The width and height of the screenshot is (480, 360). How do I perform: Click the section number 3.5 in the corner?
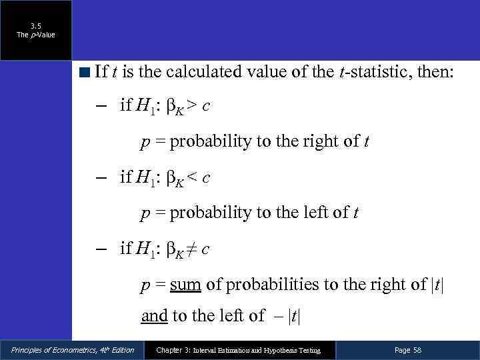tap(36, 26)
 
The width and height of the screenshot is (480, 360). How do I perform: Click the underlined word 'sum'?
tap(186, 285)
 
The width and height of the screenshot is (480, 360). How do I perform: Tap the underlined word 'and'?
tap(154, 315)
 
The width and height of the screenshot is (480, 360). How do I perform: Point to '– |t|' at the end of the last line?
tap(289, 316)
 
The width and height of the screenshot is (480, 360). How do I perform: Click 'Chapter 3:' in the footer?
tap(173, 350)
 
